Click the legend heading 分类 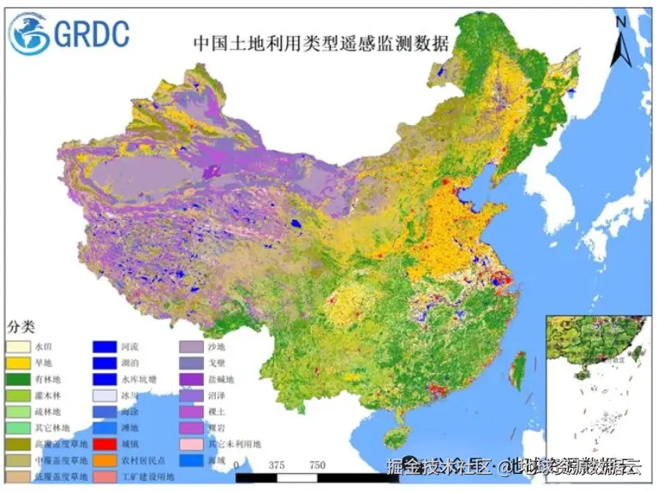point(22,328)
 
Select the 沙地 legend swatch point(189,347)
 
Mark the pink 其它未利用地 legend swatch point(189,444)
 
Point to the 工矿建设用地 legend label point(145,476)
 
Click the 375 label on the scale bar point(275,465)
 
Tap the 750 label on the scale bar point(316,465)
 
